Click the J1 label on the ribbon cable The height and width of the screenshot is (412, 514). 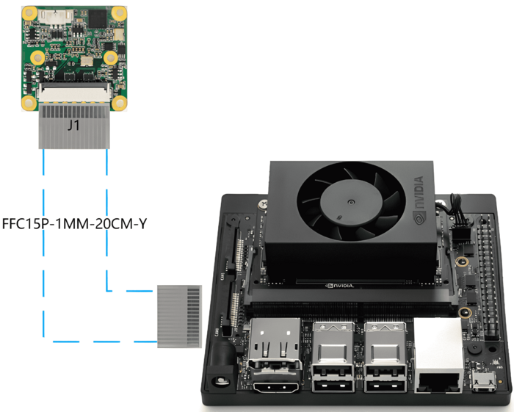pos(73,126)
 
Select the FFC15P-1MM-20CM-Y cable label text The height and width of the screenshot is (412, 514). pos(74,223)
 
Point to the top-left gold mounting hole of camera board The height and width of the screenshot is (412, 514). pos(30,13)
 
